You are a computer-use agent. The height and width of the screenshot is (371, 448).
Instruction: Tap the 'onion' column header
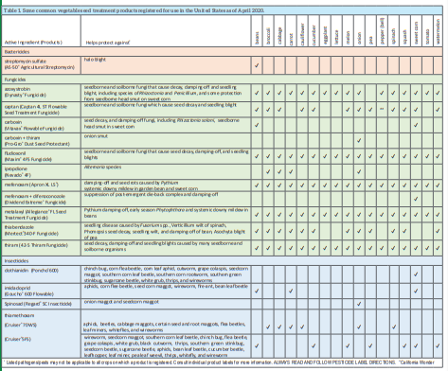[361, 38]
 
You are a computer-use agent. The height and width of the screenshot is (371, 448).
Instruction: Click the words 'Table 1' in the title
[13, 6]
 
